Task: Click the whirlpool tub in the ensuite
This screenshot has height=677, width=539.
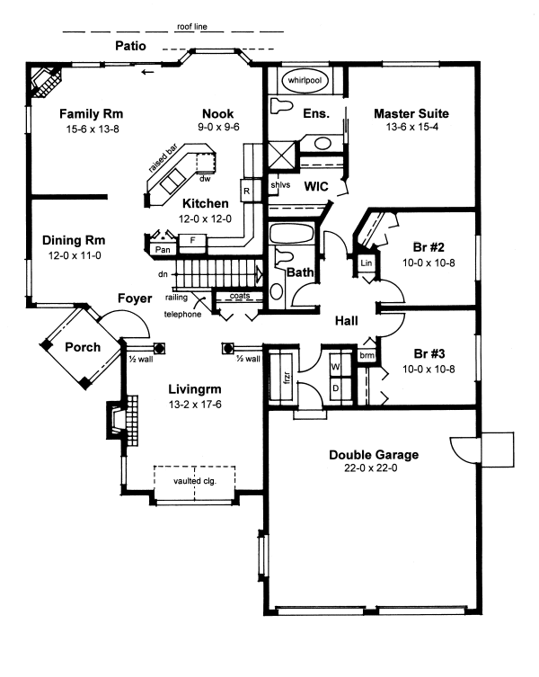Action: coord(305,81)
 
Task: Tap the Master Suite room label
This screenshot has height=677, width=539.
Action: coord(411,113)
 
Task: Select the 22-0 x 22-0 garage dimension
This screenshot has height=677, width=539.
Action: coord(371,468)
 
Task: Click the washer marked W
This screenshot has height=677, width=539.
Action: coord(335,367)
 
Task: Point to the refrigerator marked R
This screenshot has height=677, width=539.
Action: coord(246,191)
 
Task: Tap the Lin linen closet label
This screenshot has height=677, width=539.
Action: coord(366,263)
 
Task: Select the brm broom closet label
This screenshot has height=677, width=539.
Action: coord(367,355)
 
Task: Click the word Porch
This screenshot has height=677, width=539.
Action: coord(83,347)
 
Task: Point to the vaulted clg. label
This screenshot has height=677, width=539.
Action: coord(195,480)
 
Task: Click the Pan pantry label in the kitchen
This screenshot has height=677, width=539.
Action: coord(163,250)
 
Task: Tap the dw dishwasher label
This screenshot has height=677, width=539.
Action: coord(205,179)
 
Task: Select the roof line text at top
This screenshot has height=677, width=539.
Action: coord(192,26)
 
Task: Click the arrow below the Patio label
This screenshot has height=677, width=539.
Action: coord(147,72)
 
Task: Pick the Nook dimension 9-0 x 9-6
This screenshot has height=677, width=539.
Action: coord(218,127)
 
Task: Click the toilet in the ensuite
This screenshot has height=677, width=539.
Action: coord(280,105)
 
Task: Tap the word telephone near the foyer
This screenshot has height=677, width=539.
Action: coord(182,315)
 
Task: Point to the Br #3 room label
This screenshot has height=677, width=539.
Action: coord(429,353)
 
